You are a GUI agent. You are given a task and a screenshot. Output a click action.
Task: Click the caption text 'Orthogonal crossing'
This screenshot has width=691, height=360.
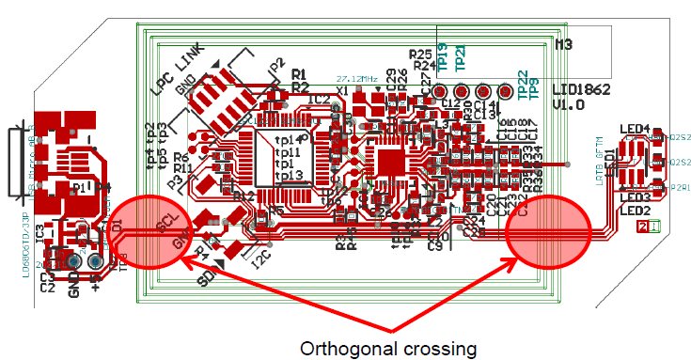388,349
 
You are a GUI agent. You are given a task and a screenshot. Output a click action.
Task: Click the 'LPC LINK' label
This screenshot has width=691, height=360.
178,69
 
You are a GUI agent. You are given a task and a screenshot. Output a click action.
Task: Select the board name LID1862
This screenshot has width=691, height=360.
582,90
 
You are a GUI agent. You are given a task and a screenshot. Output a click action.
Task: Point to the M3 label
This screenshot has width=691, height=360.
563,44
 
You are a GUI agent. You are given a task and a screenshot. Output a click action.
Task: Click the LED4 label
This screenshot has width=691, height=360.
635,129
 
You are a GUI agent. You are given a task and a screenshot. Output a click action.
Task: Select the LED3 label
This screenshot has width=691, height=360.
636,197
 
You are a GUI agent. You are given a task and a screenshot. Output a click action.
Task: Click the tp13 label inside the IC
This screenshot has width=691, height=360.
287,176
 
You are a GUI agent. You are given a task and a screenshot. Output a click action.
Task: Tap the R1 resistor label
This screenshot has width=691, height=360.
300,74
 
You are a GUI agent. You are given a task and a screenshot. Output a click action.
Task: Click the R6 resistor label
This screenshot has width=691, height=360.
181,157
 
